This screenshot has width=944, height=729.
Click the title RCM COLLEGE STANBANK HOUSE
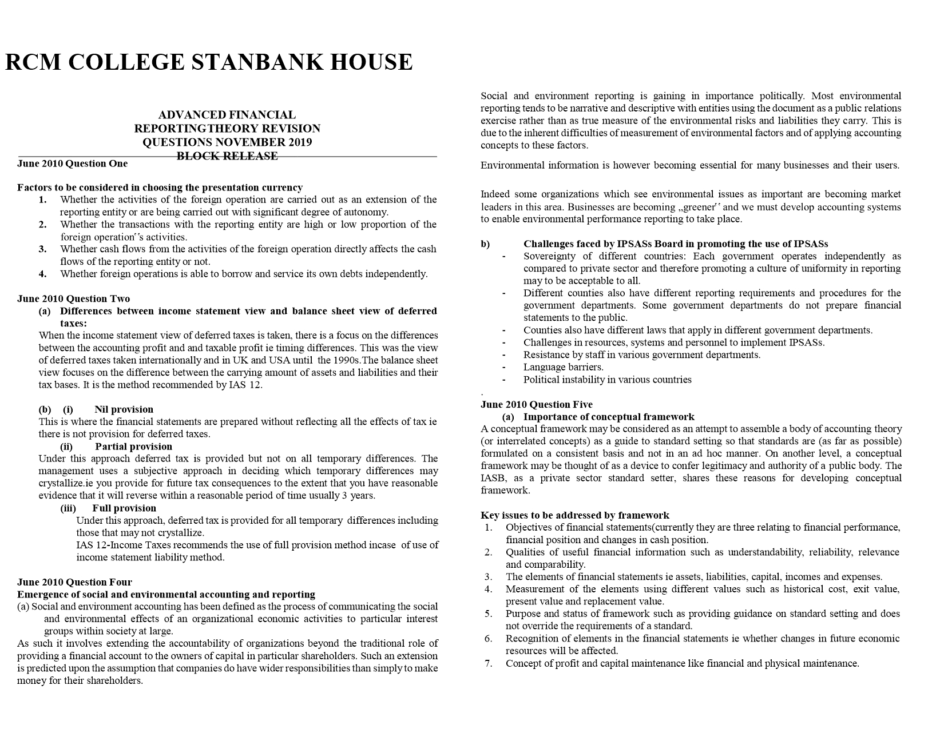pos(209,62)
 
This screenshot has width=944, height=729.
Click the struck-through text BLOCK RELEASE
pos(227,156)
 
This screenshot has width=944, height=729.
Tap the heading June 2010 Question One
pos(73,164)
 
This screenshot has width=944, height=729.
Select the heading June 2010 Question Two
pos(74,298)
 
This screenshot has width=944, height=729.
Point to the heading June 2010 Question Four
pos(74,582)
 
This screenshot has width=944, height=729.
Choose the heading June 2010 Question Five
pos(537,405)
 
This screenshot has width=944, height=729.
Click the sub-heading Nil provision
pos(124,409)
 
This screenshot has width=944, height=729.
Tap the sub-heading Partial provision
pos(133,447)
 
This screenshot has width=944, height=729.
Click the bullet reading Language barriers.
pos(563,367)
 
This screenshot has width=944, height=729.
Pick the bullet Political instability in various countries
pos(607,380)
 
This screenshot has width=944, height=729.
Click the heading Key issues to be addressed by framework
pos(574,515)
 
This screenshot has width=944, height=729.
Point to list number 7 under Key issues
pos(489,663)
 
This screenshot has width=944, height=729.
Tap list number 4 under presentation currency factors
pos(43,273)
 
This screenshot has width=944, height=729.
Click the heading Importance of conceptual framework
pos(609,417)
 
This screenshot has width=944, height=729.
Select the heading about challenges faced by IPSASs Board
pos(675,244)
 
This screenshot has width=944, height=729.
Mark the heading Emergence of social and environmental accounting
pos(166,595)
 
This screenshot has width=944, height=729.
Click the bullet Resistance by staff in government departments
pos(641,354)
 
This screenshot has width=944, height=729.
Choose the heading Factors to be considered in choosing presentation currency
pos(160,188)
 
